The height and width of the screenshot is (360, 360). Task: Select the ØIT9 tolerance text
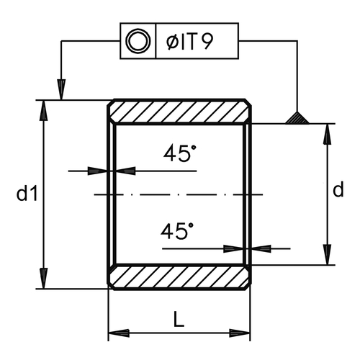(189, 42)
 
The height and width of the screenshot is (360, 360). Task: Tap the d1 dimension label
(27, 194)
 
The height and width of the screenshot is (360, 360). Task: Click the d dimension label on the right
(338, 189)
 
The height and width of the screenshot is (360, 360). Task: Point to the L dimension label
(179, 320)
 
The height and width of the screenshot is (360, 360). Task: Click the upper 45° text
(180, 153)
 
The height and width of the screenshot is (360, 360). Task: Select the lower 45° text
(177, 230)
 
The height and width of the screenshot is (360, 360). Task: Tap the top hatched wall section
(179, 112)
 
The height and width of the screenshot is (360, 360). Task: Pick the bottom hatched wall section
(179, 276)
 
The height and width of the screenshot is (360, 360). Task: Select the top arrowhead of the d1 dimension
(44, 110)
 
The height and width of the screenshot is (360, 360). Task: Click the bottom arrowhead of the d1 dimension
(44, 279)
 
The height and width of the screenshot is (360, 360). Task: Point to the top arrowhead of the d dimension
(328, 134)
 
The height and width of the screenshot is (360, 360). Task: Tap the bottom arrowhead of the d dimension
(328, 255)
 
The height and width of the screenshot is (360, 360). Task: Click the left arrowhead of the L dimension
(119, 333)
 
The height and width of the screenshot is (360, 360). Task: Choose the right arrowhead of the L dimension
(240, 333)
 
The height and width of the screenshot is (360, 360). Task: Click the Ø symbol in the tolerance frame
(172, 42)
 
